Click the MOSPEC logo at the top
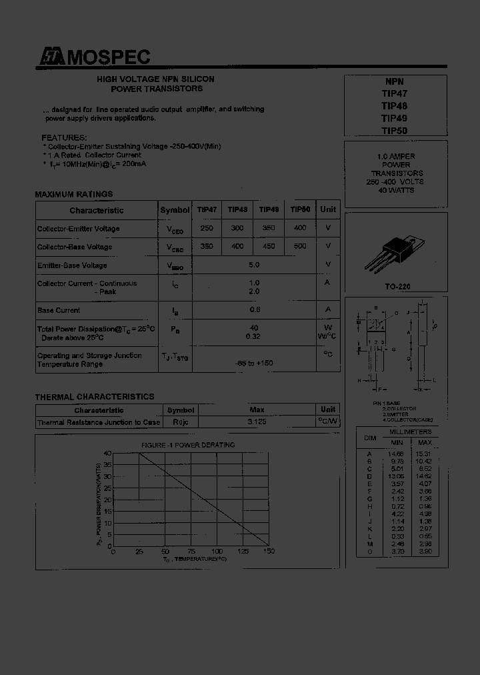[x=93, y=58]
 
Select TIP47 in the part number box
[x=394, y=93]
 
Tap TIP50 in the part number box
[x=394, y=131]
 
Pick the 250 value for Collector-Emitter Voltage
[x=207, y=229]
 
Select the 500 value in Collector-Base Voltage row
[x=300, y=246]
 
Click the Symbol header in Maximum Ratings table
[x=175, y=210]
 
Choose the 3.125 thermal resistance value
[x=257, y=422]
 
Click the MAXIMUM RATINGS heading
[x=74, y=194]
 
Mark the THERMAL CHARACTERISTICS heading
[x=95, y=397]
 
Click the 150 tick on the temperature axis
[x=269, y=552]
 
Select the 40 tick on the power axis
[x=107, y=454]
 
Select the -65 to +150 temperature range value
[x=254, y=363]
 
